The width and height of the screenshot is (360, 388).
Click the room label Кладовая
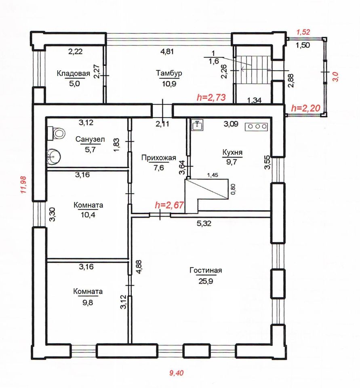point(73,74)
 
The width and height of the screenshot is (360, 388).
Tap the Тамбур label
point(169,73)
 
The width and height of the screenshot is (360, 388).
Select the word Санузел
point(90,139)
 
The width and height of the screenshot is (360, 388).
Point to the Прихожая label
point(159,158)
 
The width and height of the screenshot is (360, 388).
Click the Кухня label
point(232,152)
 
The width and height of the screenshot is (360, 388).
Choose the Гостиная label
point(206,270)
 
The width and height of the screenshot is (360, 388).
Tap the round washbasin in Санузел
point(53,156)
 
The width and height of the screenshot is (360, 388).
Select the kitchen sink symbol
point(198,124)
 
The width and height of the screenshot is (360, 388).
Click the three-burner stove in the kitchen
point(257,127)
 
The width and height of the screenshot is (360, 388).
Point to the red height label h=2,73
point(211,97)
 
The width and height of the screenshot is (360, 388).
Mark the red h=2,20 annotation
point(306,108)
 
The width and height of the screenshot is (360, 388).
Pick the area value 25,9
point(206,281)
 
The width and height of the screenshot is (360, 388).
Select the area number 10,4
point(88,215)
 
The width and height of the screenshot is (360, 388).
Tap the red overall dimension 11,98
point(23,184)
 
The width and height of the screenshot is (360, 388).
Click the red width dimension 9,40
point(177,373)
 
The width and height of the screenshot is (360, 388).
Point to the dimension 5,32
point(204,224)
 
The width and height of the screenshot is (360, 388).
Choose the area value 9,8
point(88,302)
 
